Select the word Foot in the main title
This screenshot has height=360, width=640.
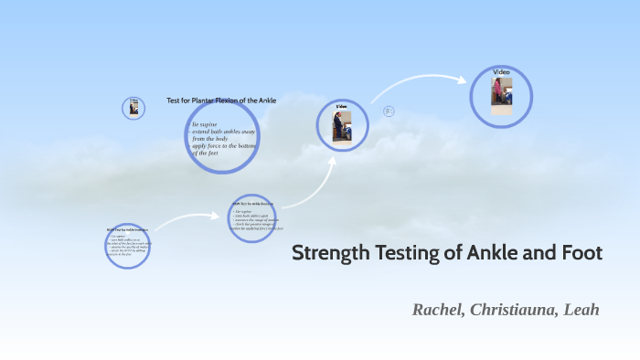[x=581, y=254]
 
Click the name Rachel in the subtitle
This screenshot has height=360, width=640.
[x=439, y=310]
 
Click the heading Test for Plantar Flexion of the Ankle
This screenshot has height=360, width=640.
[x=221, y=100]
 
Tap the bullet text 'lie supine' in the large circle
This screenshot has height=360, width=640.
[x=205, y=124]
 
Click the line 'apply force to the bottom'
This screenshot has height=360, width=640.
[x=225, y=145]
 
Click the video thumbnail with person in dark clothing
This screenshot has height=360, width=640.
[x=341, y=127]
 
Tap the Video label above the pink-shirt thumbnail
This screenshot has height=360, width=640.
[x=501, y=71]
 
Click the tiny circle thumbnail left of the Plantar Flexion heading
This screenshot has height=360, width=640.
[x=133, y=108]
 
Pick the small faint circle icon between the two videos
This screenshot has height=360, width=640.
[x=389, y=111]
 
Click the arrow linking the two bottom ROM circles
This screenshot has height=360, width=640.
[x=187, y=221]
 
